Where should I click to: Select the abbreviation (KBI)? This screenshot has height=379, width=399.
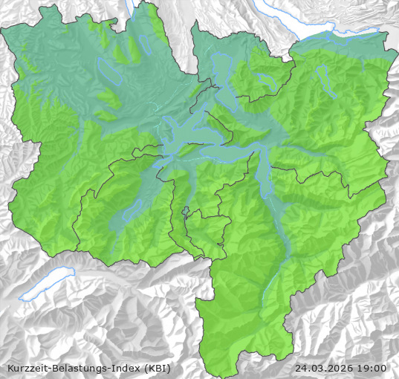[157, 368]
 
